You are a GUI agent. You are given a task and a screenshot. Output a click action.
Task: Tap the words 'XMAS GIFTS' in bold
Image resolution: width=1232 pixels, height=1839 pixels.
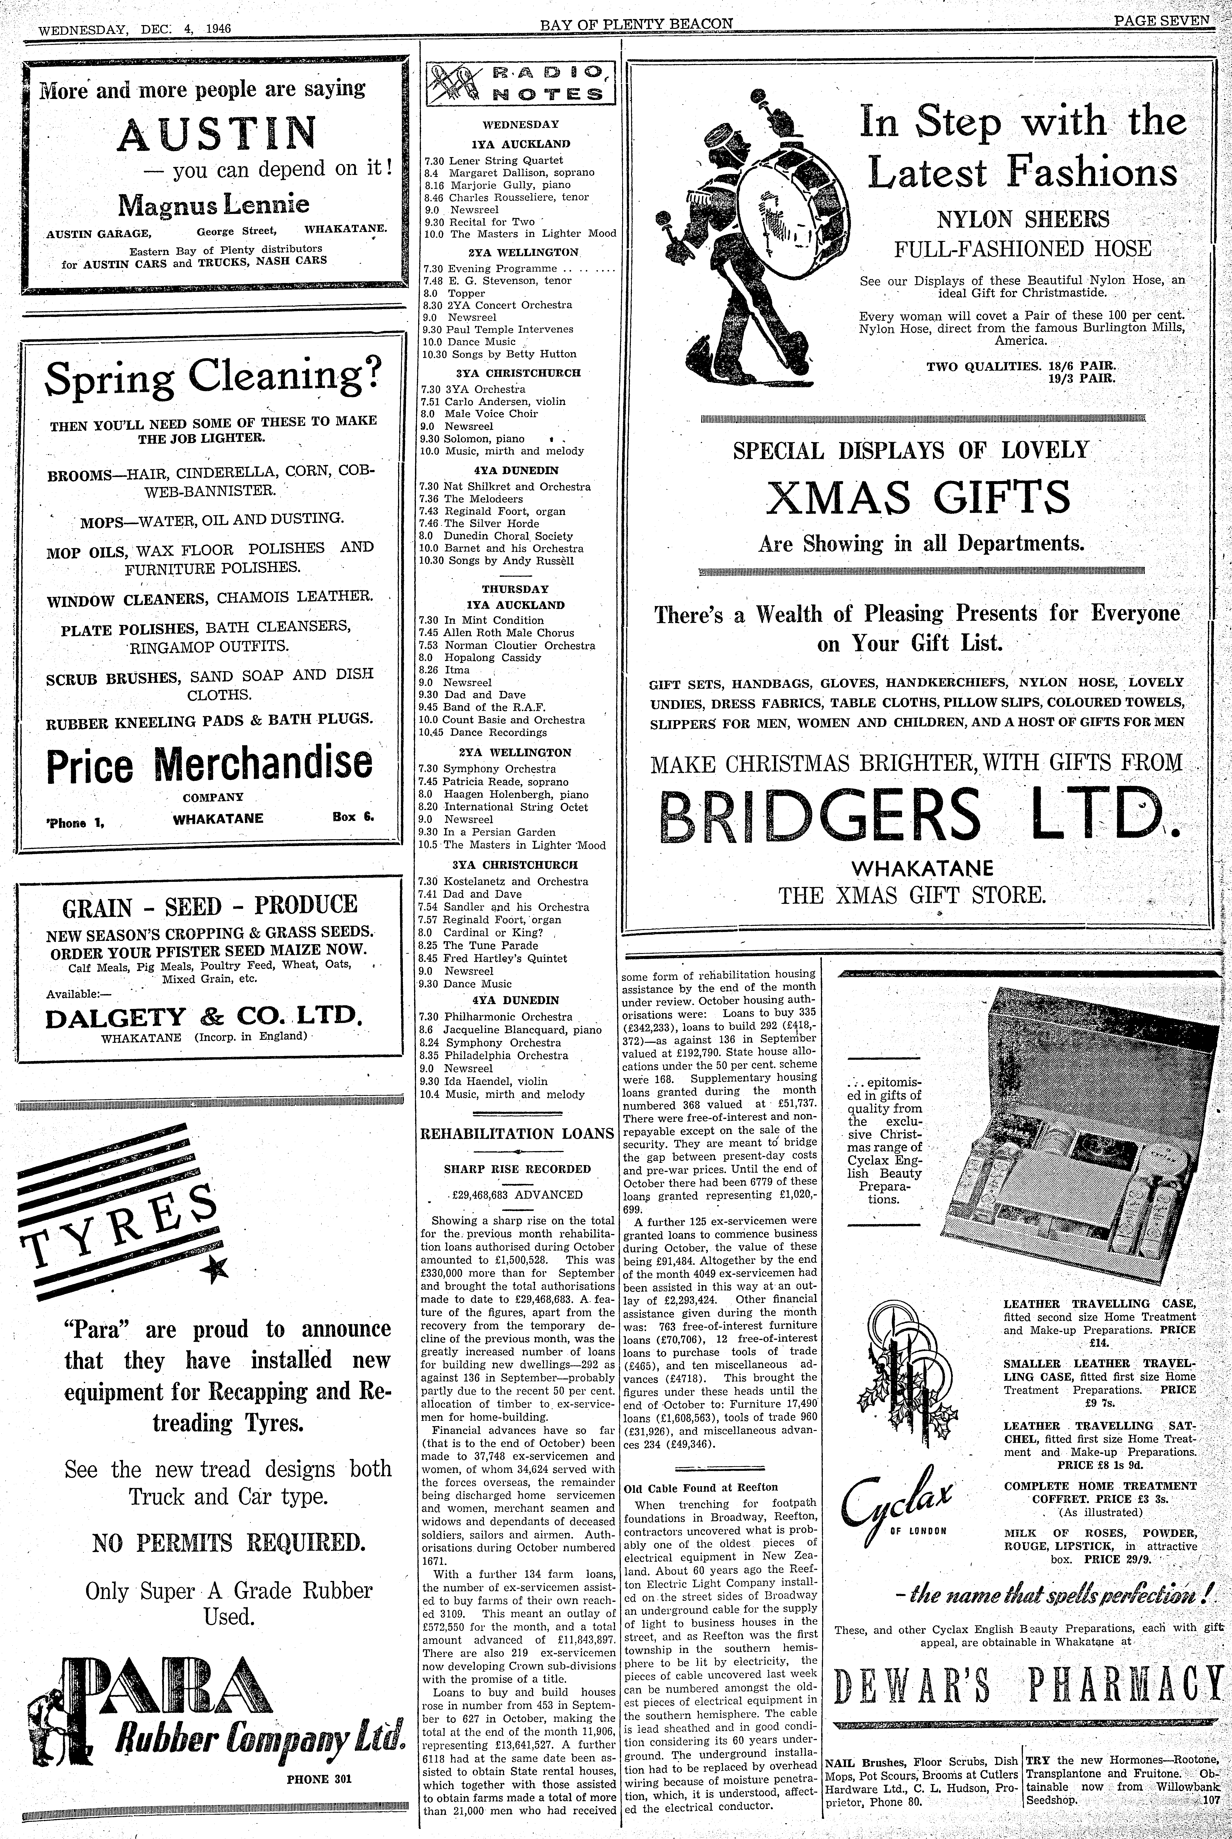(918, 497)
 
